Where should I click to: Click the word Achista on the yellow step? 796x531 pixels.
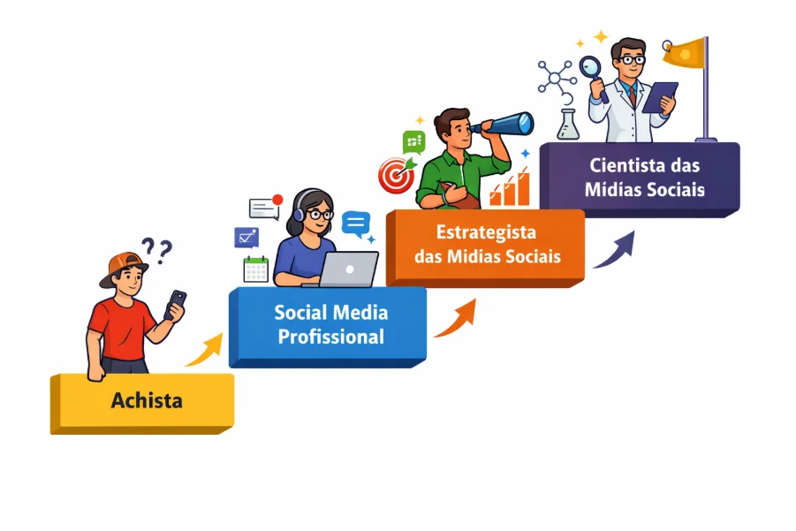147,400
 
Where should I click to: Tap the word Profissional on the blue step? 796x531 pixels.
330,337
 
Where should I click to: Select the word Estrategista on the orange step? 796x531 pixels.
486,233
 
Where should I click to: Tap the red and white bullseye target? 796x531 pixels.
396,174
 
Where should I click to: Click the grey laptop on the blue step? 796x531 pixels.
347,269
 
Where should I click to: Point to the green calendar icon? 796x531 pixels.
256,269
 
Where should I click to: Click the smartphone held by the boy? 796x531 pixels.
176,303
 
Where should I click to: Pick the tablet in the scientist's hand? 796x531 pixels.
659,96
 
